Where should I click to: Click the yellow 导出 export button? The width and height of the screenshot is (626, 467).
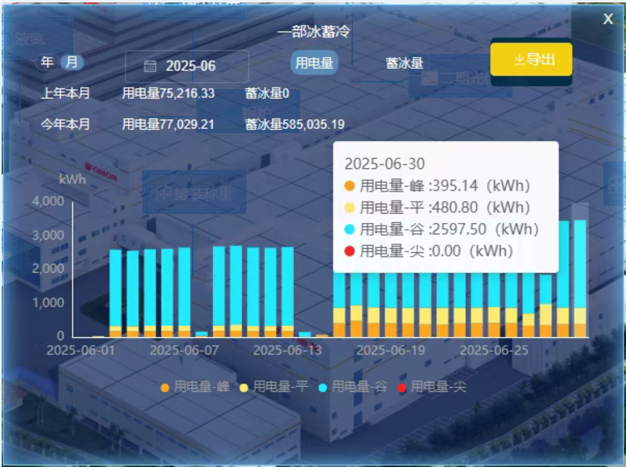point(531,60)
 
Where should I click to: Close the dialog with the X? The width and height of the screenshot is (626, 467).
point(608,20)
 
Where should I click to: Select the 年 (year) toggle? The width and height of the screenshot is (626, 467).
point(47,62)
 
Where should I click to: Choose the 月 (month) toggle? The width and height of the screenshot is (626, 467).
point(72,62)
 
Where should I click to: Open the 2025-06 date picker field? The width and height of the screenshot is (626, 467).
point(187,66)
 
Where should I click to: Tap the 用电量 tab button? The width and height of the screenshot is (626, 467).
point(314,62)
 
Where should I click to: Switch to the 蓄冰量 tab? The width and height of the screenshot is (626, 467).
point(405,62)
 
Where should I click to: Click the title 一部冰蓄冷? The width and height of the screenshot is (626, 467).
point(313,32)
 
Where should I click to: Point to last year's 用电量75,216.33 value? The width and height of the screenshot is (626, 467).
point(168,93)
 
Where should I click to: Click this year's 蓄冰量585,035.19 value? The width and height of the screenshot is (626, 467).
point(295,124)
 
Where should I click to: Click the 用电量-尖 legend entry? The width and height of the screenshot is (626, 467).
point(431,387)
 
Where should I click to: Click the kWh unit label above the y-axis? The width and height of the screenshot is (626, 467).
point(72,179)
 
